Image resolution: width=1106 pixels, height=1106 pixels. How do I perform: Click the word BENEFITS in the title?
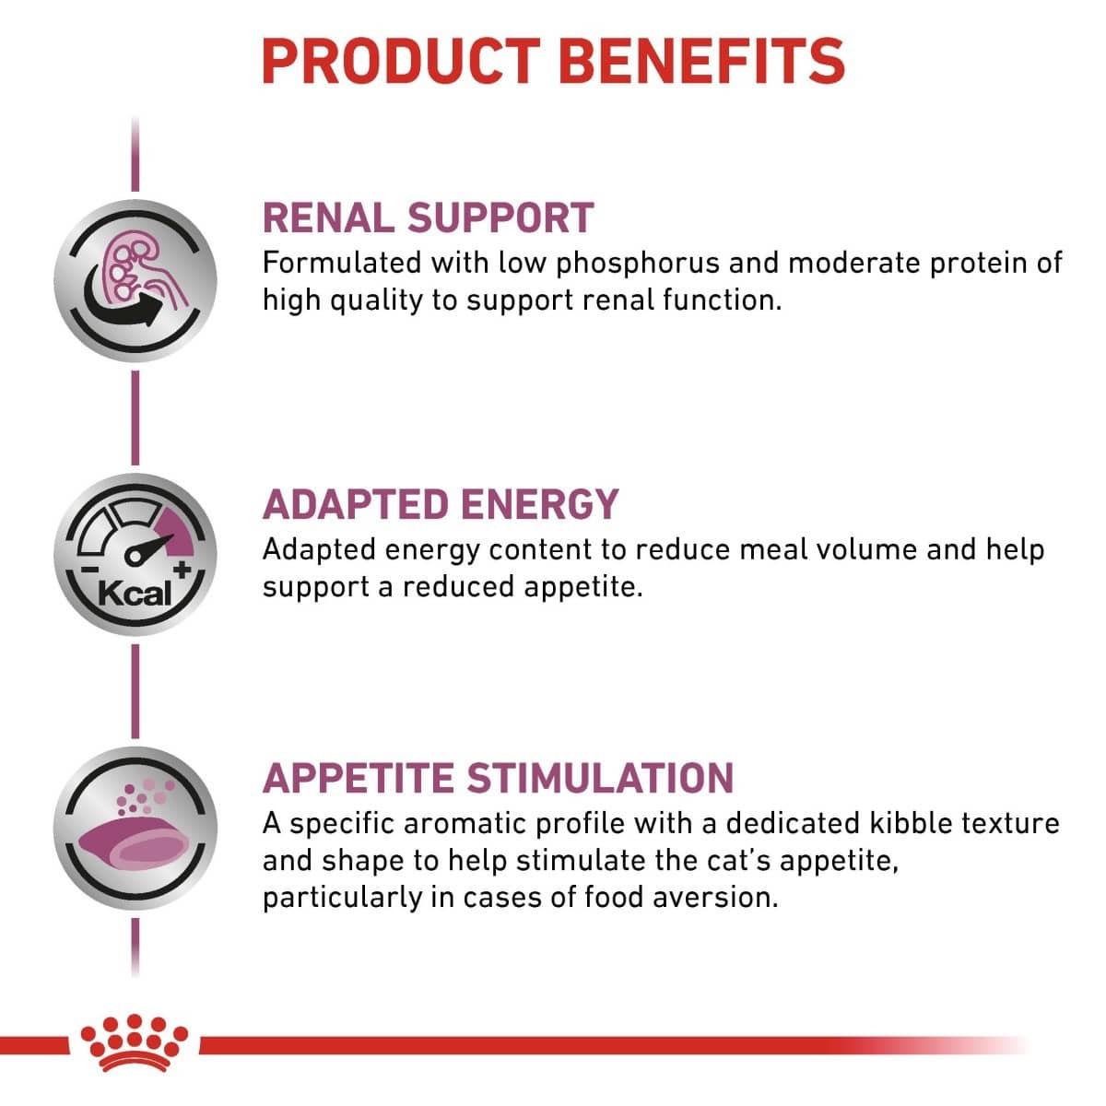(701, 61)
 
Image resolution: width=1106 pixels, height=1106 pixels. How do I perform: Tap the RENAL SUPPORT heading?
(428, 218)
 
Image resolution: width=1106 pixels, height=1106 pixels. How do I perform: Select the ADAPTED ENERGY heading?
(441, 504)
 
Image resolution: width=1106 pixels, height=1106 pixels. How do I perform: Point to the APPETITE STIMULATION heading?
(498, 778)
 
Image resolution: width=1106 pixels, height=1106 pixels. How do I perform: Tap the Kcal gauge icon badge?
(135, 555)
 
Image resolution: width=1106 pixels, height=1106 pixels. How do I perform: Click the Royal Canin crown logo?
(135, 1041)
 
